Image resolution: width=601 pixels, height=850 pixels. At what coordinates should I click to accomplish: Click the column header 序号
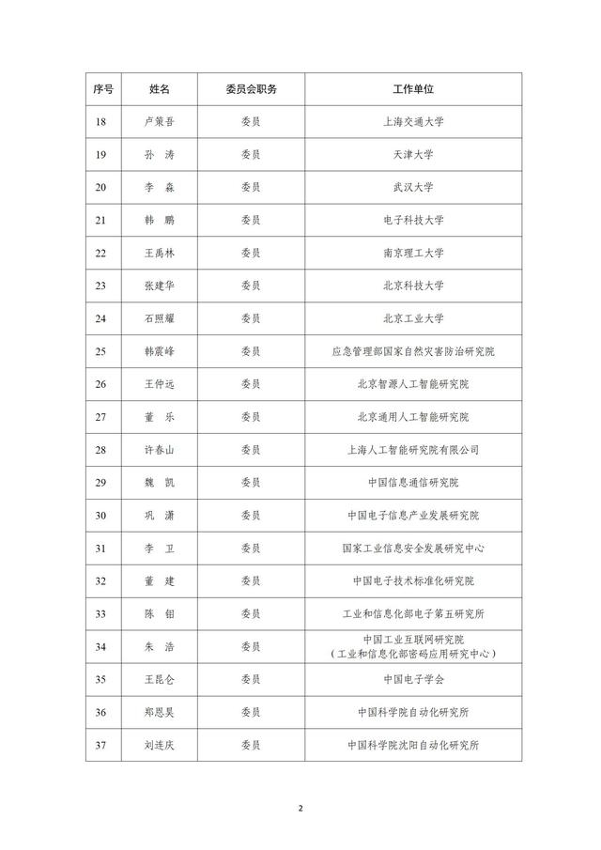point(103,88)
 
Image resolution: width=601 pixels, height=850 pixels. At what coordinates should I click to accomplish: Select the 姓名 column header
point(160,88)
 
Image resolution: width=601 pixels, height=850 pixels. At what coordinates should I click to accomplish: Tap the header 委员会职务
point(251,88)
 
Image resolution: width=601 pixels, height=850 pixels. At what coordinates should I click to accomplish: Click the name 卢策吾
point(160,121)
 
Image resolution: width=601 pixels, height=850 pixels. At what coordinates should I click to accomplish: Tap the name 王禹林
point(160,253)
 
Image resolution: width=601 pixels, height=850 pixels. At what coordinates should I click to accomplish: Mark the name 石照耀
point(160,318)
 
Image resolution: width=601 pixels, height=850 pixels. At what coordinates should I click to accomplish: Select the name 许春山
point(160,450)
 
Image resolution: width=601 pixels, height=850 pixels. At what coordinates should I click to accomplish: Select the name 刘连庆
point(160,746)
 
